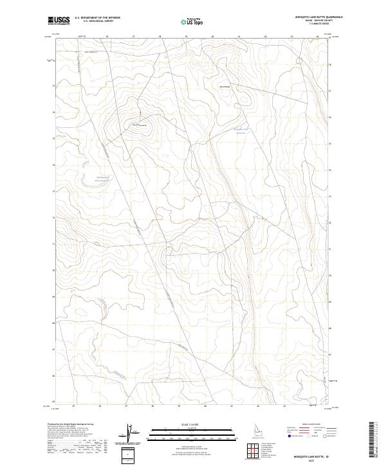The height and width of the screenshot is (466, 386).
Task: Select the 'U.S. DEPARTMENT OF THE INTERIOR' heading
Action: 97,18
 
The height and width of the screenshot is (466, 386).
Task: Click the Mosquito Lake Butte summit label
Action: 140,125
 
